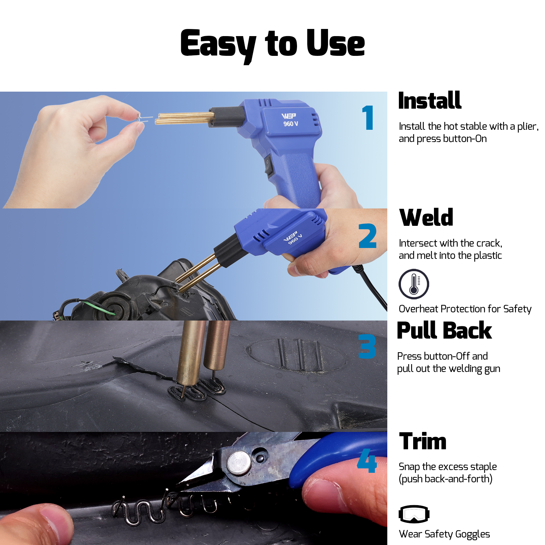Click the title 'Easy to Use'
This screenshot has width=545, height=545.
272,44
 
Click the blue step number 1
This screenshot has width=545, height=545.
368,118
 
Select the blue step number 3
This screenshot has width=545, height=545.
367,346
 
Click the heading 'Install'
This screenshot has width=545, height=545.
430,101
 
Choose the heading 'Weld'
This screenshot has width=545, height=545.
426,218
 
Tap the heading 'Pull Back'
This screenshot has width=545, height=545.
444,331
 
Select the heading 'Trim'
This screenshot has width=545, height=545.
422,441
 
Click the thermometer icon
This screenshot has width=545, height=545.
414,284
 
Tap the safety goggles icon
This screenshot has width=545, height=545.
414,514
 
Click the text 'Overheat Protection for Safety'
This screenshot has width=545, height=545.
465,309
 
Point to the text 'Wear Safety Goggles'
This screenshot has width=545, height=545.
444,534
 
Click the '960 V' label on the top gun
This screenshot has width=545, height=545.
291,124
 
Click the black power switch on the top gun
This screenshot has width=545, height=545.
269,166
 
